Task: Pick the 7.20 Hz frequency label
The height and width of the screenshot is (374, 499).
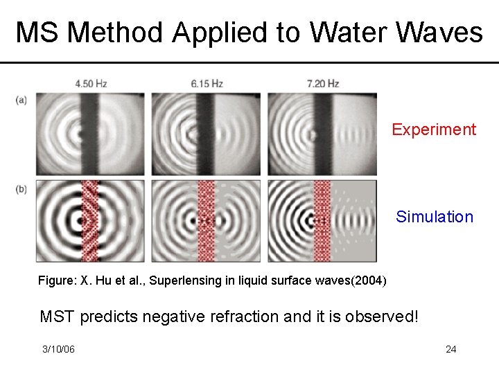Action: coord(322,84)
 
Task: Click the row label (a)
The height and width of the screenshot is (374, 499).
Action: coord(21,100)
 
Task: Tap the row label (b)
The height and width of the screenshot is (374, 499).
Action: coord(21,189)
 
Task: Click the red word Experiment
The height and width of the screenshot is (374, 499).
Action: coord(434,130)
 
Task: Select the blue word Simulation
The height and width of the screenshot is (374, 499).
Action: coord(435,217)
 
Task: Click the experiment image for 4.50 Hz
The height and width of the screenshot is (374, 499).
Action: coord(90,134)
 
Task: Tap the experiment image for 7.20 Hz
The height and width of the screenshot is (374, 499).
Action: coord(322,134)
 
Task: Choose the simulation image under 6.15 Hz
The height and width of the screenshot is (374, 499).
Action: coord(206,221)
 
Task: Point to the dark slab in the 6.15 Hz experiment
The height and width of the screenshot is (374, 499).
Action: coord(204,134)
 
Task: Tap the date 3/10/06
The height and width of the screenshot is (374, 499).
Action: coord(58,349)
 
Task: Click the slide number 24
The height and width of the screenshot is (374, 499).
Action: coord(450,349)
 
